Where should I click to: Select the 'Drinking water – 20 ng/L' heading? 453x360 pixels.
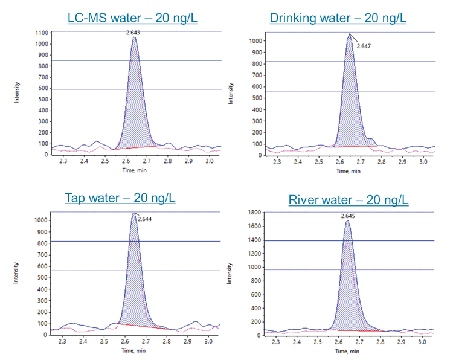pos(338,19)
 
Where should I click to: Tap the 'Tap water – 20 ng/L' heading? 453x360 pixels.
pos(120,198)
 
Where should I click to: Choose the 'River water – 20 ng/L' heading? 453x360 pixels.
pos(348,199)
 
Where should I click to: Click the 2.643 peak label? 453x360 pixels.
pos(134,33)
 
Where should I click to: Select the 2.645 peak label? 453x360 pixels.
pos(348,216)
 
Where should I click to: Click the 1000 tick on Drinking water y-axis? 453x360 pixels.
pos(256,40)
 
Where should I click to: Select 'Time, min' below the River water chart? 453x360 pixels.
pos(348,350)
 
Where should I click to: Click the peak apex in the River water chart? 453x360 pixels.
pos(347,221)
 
